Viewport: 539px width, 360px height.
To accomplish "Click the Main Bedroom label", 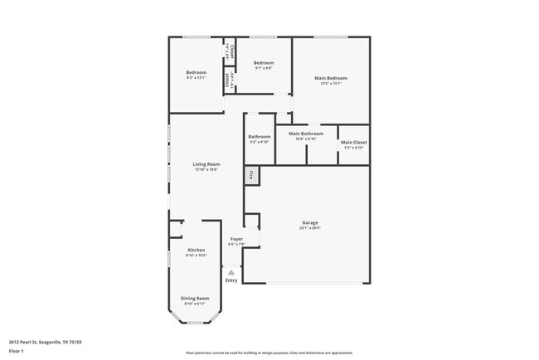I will coord(331,78).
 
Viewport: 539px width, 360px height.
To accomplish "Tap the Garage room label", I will coord(310,222).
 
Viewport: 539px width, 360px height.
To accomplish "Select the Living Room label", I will coord(206,164).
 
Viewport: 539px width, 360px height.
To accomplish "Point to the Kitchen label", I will coord(197,250).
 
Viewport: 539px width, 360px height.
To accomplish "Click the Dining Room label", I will coord(197,298).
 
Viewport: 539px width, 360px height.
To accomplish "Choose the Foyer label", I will coord(236,239).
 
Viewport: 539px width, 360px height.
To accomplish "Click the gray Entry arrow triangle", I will coord(231,272).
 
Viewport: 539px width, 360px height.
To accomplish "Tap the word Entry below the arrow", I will coord(231,280).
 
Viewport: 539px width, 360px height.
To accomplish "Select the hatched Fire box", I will coord(251,175).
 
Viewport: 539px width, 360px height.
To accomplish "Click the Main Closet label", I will coord(353,143).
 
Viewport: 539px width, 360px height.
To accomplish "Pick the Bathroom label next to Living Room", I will coord(260,137).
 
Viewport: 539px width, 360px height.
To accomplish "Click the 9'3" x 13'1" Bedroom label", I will coord(197,73).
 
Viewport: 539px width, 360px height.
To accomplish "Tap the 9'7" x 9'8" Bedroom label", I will coord(264,63).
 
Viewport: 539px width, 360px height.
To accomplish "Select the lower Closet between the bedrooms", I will coord(229,81).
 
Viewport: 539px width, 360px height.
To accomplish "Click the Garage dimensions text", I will coord(310,228).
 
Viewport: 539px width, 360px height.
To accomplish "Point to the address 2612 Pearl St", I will coord(45,342).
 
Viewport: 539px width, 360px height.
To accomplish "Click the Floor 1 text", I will coord(17,351).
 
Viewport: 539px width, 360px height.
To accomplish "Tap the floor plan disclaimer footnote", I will coord(269,352).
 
